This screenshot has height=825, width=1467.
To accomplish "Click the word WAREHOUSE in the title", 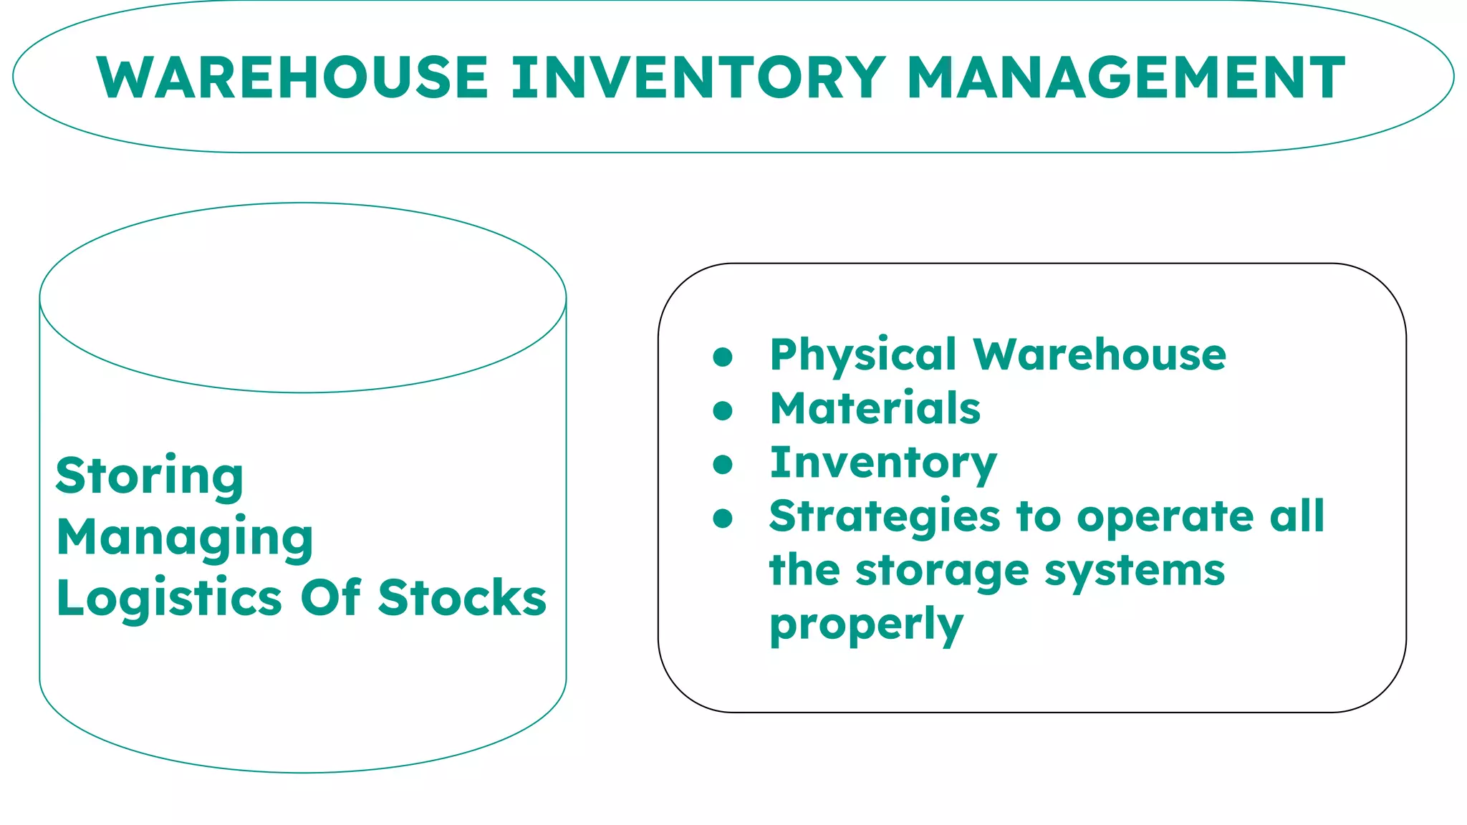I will coord(292,77).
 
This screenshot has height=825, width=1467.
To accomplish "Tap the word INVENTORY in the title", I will coord(698,77).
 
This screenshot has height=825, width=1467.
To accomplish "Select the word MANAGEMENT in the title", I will coord(1126,77).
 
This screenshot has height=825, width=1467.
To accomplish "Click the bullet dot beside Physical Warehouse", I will coord(723,357).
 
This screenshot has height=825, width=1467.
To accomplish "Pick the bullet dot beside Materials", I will coord(723,410).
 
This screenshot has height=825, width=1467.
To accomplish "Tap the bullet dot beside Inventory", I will coord(723,465).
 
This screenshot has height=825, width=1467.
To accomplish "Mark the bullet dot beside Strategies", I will coord(723,518).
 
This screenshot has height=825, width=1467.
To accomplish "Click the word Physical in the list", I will coord(863,356).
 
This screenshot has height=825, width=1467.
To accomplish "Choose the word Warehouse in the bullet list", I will coord(1100,355).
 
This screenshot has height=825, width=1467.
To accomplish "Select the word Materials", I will coord(875,409).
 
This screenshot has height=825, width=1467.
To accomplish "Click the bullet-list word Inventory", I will coord(883,464).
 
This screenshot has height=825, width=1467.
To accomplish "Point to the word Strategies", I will coord(885,518).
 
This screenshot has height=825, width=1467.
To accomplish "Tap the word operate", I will coord(1165,518).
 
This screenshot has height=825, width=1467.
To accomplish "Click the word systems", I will coord(1135,571).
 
